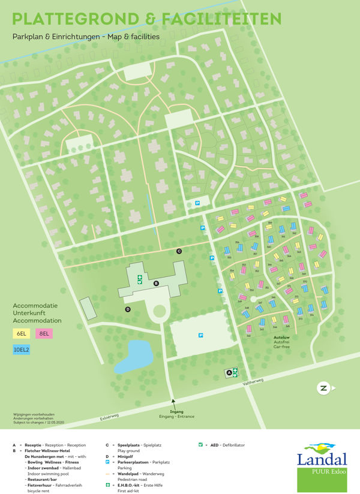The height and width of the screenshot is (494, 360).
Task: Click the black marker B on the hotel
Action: (x=157, y=283)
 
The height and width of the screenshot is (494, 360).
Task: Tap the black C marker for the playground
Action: (x=178, y=251)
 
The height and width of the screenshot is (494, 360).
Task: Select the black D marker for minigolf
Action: (x=128, y=309)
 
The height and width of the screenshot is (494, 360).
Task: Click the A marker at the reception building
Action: (x=229, y=373)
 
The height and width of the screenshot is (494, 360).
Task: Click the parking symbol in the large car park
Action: (x=200, y=336)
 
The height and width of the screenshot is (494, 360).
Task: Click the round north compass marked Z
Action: (x=323, y=388)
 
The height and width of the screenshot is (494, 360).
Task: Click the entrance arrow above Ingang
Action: (x=173, y=403)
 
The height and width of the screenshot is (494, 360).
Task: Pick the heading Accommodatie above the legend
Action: (x=35, y=306)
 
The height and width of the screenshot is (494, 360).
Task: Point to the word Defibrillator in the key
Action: (x=232, y=445)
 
